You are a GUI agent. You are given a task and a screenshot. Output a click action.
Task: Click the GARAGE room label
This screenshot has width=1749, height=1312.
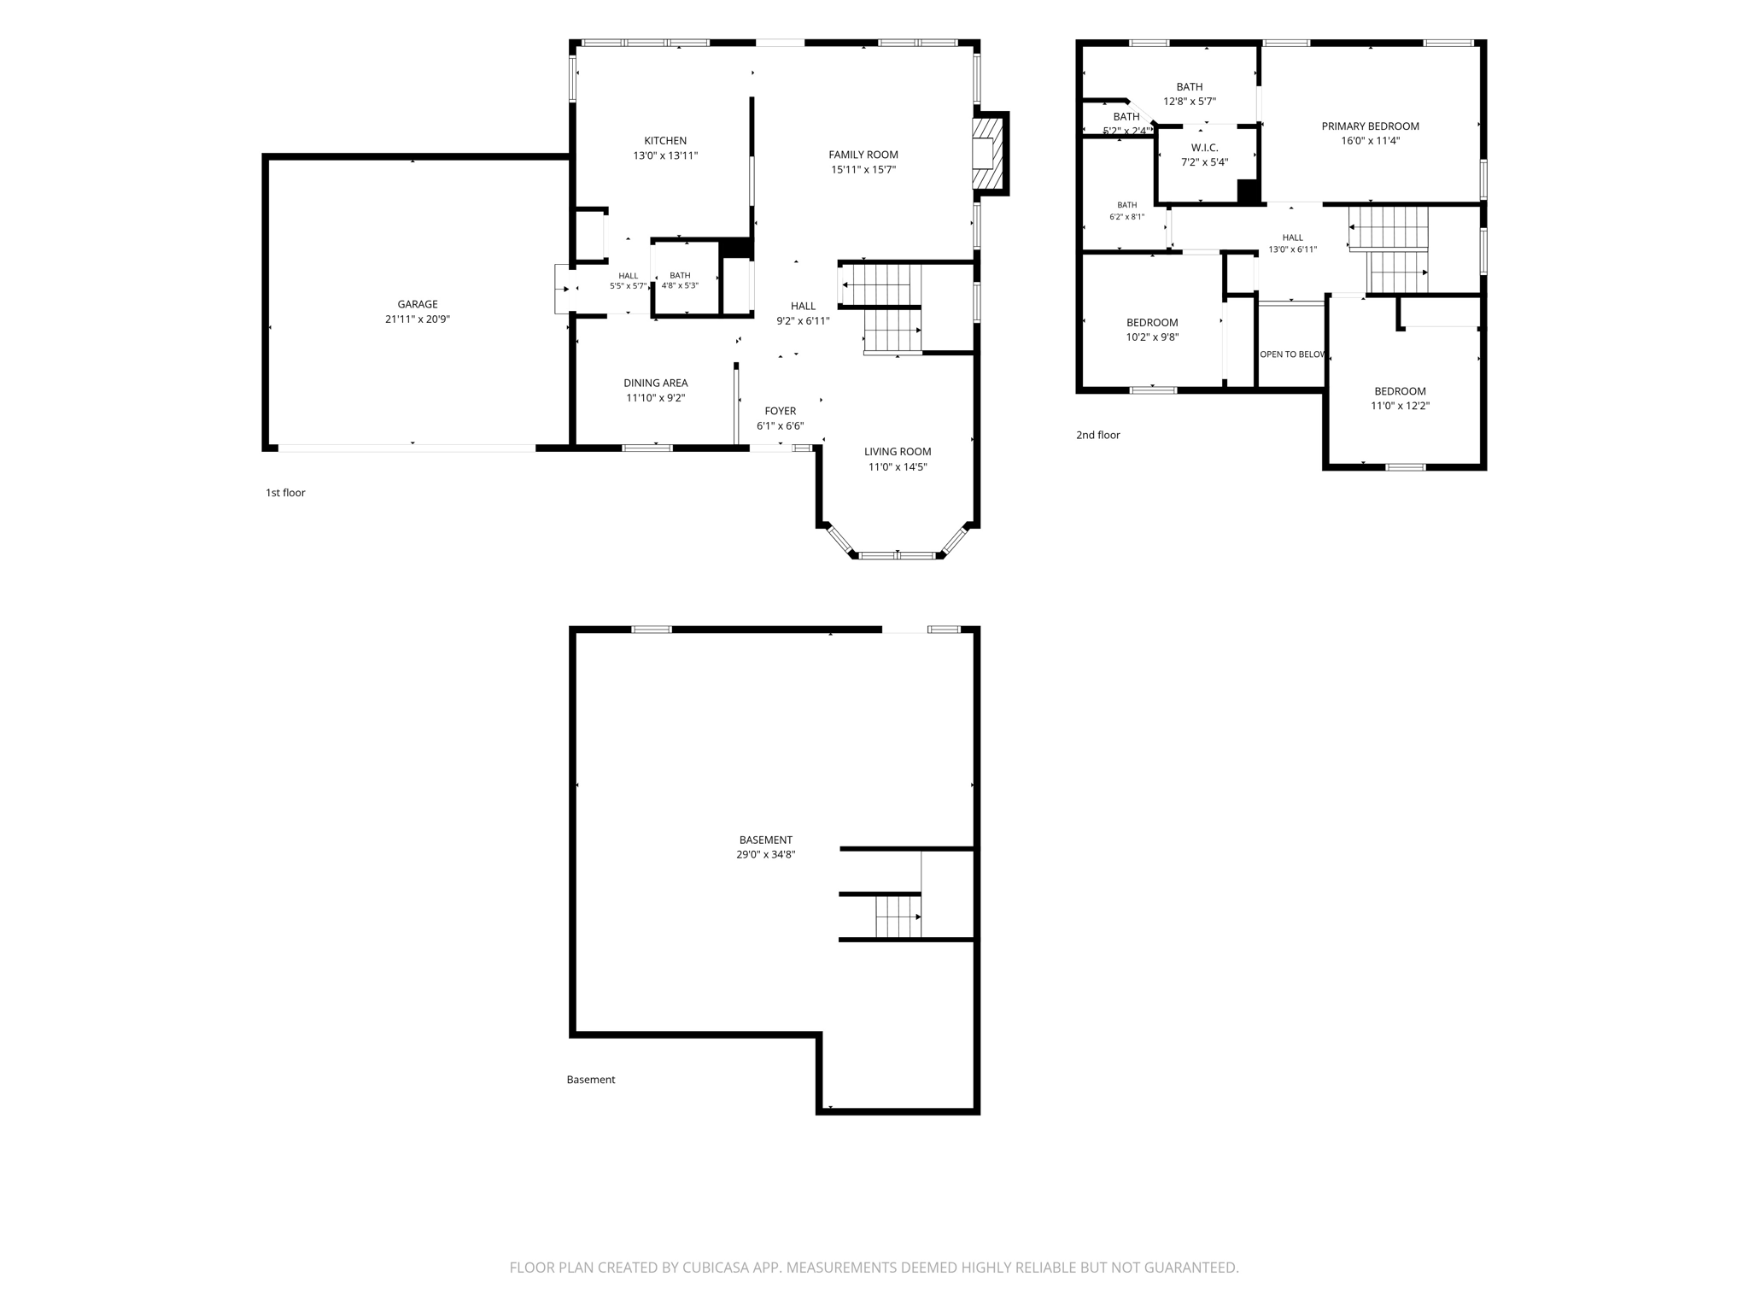click(x=418, y=304)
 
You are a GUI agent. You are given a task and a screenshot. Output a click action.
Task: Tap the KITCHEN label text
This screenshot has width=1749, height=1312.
click(x=665, y=141)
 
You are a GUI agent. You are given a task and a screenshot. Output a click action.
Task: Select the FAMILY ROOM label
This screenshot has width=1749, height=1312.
click(x=863, y=155)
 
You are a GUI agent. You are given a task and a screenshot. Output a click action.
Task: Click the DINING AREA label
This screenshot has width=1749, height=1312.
click(x=656, y=384)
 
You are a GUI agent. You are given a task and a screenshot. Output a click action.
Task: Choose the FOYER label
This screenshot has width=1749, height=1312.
click(x=781, y=411)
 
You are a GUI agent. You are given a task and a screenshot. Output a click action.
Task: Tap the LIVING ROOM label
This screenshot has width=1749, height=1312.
click(x=898, y=452)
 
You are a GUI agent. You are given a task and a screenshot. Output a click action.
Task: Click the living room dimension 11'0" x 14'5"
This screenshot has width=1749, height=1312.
click(x=898, y=467)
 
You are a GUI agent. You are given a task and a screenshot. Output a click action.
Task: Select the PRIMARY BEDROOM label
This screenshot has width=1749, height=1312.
click(x=1371, y=126)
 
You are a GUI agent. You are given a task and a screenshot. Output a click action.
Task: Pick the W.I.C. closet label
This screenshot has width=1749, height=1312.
click(x=1205, y=148)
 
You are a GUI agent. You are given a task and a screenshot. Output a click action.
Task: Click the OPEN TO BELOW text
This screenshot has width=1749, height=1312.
click(x=1292, y=354)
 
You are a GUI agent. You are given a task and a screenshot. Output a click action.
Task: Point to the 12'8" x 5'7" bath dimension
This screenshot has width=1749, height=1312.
click(x=1190, y=102)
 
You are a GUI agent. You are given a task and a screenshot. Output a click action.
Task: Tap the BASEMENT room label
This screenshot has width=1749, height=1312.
click(x=766, y=840)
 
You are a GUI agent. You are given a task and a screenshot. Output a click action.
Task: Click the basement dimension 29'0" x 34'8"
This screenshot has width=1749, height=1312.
click(x=766, y=854)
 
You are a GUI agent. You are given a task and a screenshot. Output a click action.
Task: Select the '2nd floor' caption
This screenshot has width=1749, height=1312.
click(x=1098, y=435)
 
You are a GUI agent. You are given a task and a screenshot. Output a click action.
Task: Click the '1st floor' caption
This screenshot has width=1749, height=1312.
click(x=285, y=493)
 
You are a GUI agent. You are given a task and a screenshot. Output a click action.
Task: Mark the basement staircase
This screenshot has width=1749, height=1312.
click(x=898, y=917)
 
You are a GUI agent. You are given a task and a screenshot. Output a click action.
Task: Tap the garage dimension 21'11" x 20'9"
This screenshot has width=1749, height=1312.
click(x=418, y=319)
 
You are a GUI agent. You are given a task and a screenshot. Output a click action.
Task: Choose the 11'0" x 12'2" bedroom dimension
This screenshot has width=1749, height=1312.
click(x=1401, y=407)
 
